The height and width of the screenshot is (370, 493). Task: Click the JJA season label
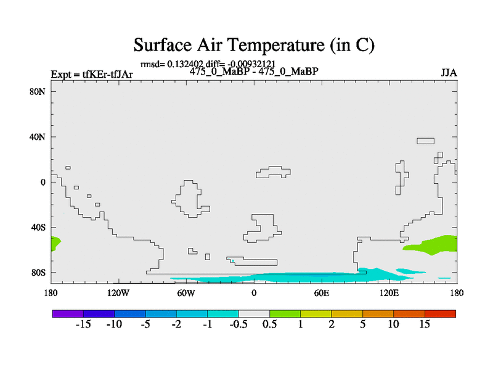tap(449, 73)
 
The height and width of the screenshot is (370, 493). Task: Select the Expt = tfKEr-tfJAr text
tap(92, 74)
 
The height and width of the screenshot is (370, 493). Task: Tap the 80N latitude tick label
tap(38, 91)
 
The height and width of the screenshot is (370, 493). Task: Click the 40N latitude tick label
tap(38, 137)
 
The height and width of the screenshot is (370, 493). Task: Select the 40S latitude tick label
tap(38, 227)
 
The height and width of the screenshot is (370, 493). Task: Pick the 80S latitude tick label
tap(38, 272)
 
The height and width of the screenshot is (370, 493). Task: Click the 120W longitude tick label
tap(118, 294)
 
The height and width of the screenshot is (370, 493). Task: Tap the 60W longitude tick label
tap(186, 294)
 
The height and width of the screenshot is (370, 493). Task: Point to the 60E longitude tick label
tap(322, 294)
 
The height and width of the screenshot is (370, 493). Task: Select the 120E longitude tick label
tap(389, 294)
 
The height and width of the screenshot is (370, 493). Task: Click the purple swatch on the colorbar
tap(68, 314)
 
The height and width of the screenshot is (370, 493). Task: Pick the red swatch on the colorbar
tap(440, 314)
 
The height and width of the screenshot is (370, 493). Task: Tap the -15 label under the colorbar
tap(83, 324)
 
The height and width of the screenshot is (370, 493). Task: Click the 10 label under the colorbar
tap(393, 324)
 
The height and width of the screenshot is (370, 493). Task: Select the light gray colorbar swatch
tap(254, 314)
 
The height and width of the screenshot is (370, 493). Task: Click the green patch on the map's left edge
tap(55, 243)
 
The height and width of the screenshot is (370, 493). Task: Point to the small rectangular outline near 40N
tap(425, 141)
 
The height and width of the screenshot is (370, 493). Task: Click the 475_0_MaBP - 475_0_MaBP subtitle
tap(254, 72)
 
